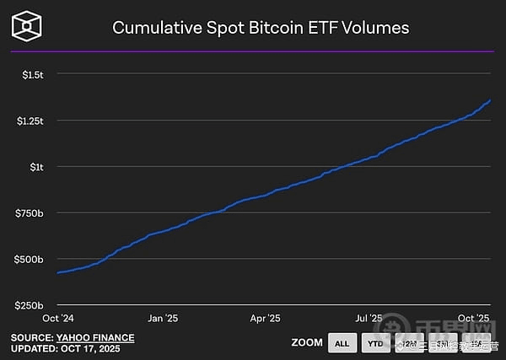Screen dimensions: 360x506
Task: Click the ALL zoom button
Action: pyautogui.click(x=342, y=344)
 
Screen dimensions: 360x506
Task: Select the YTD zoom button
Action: pyautogui.click(x=375, y=344)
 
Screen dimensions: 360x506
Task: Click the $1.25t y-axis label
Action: pyautogui.click(x=30, y=121)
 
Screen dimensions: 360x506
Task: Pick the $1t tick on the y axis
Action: pyautogui.click(x=37, y=167)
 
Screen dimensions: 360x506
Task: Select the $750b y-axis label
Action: pyautogui.click(x=30, y=212)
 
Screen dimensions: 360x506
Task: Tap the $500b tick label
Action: pyautogui.click(x=30, y=259)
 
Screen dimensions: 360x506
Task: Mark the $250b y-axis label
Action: pyautogui.click(x=30, y=304)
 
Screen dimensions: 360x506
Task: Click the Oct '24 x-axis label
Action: pyautogui.click(x=58, y=318)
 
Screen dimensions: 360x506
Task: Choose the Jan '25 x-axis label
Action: pyautogui.click(x=163, y=318)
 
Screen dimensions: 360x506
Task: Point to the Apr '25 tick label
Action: pyautogui.click(x=265, y=318)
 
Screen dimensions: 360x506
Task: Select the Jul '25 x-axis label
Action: pyautogui.click(x=369, y=318)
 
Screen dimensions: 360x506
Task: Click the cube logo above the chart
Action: pyautogui.click(x=28, y=27)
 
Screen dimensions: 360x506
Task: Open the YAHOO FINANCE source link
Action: pyautogui.click(x=95, y=338)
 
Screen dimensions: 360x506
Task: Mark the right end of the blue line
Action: pyautogui.click(x=490, y=100)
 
